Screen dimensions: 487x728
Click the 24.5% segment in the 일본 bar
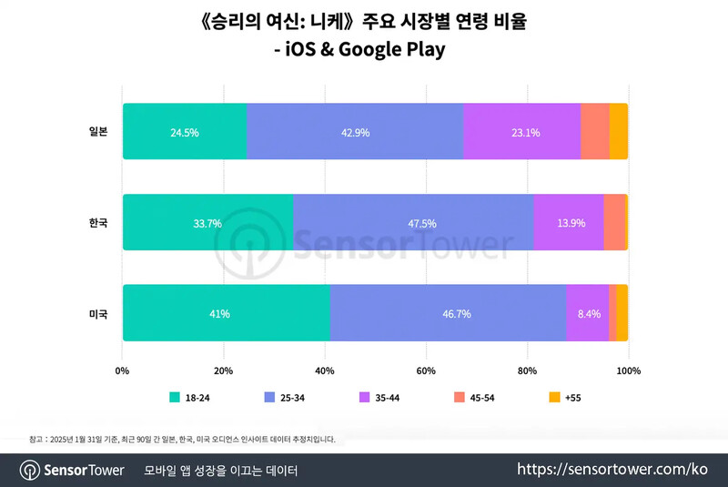(184, 132)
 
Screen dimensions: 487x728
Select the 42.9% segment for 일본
(354, 132)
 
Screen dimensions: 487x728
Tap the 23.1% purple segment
(521, 132)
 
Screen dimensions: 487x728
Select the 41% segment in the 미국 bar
(226, 313)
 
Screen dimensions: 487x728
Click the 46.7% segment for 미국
(448, 313)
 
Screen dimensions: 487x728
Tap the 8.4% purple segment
(587, 313)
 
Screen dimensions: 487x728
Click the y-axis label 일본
(98, 132)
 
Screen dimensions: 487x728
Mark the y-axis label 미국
(98, 313)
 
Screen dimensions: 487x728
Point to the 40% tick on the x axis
(324, 370)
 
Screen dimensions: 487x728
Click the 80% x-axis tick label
(526, 370)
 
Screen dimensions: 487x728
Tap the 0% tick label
(123, 370)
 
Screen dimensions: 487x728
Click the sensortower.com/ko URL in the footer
(612, 470)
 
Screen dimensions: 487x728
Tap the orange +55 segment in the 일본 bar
(618, 132)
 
